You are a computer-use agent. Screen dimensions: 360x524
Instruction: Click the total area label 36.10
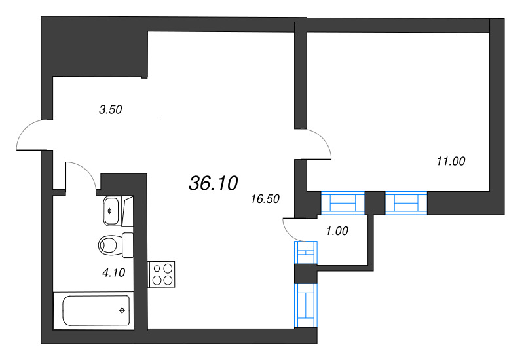pos(213,184)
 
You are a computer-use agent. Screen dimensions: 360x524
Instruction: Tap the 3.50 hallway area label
pos(111,110)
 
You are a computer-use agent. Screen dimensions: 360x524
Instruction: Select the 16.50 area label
pos(265,200)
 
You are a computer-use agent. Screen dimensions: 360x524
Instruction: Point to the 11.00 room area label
pos(451,160)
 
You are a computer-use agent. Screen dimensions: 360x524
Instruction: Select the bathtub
pos(92,310)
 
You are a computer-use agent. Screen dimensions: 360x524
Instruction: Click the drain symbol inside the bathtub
pos(122,310)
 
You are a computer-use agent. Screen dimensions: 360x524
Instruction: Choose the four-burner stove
pos(162,274)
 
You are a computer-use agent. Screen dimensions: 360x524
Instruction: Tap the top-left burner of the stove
pos(157,268)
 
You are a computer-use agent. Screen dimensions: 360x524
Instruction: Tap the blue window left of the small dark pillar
pos(342,203)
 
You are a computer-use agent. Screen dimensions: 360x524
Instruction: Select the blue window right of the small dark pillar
pos(406,203)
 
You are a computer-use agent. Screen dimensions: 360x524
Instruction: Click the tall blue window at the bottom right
pos(306,304)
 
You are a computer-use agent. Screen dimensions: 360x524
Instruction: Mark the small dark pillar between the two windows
pos(374,202)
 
